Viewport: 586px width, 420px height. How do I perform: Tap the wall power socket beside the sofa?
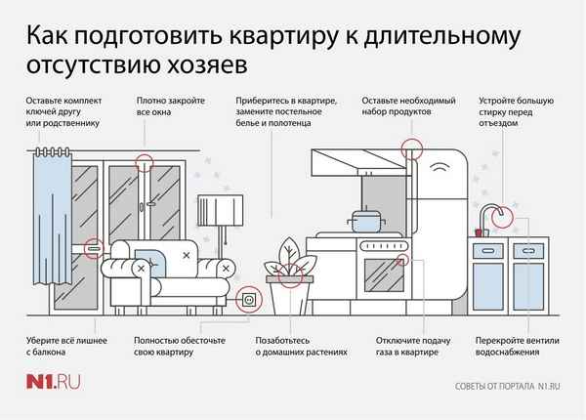248,299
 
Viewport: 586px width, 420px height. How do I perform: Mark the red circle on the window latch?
145,164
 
